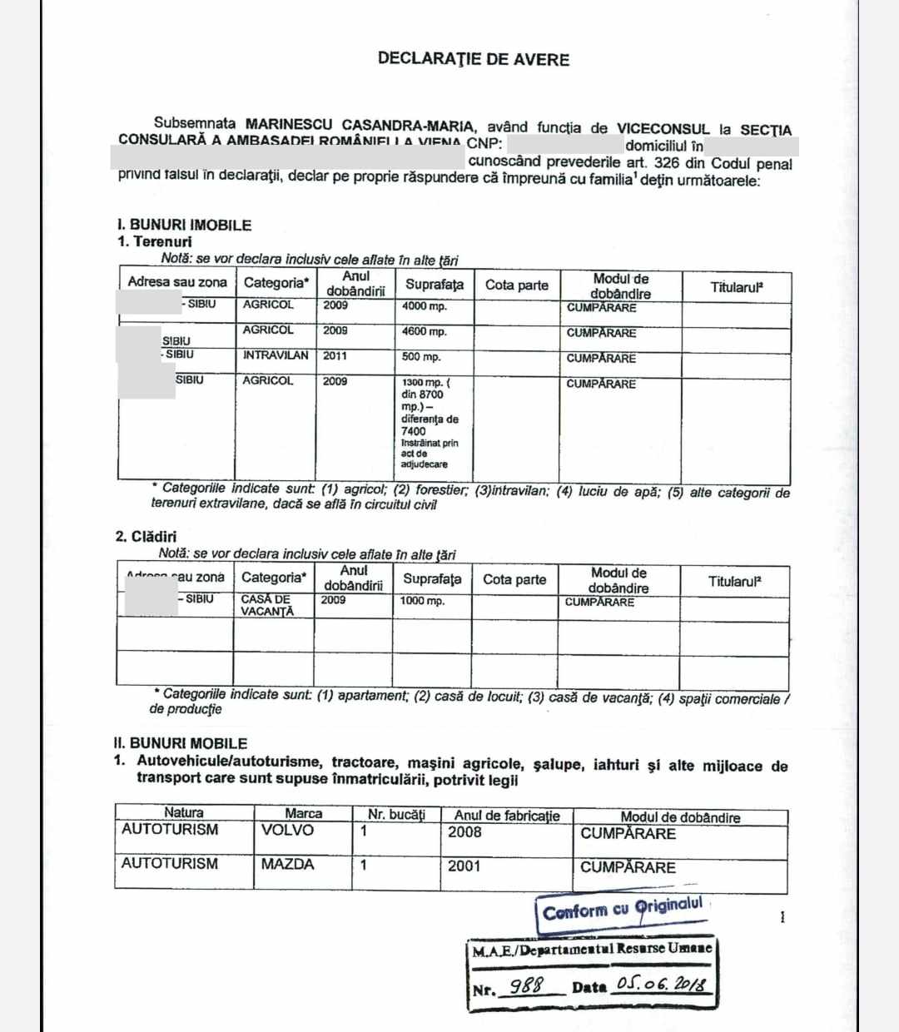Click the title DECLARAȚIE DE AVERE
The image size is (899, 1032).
473,59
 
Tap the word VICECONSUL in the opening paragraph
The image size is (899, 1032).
663,129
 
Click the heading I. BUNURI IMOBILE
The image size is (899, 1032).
184,225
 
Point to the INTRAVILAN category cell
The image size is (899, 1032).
276,355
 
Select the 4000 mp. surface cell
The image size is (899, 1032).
424,306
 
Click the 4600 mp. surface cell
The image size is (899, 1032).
424,331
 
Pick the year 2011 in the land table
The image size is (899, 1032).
335,356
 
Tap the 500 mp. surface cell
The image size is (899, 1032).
421,357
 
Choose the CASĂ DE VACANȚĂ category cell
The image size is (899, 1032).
267,605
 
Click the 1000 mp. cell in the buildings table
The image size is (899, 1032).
422,601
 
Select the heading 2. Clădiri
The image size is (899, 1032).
146,537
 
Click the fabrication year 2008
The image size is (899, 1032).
464,831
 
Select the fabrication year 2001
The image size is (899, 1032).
464,866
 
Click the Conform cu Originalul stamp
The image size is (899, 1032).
623,909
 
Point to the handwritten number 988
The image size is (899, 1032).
526,987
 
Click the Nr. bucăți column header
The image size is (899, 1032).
396,815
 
